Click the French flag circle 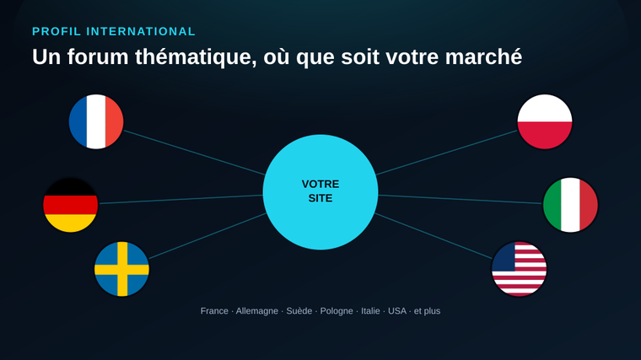click(x=96, y=121)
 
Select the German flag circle click(x=70, y=205)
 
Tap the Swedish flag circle click(x=121, y=269)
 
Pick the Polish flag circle click(x=545, y=121)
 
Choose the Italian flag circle click(x=570, y=205)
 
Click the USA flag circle click(x=520, y=269)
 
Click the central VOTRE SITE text click(x=320, y=191)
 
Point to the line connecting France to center click(x=195, y=153)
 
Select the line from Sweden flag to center click(x=208, y=236)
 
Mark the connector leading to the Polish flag click(x=446, y=153)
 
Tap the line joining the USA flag click(x=433, y=236)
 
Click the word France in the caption click(x=214, y=311)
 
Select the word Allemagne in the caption click(x=256, y=311)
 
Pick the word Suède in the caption click(x=299, y=311)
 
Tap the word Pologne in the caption click(x=337, y=311)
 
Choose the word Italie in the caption click(x=370, y=311)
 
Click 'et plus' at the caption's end click(x=428, y=311)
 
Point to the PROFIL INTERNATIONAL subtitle click(x=114, y=31)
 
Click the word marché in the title click(x=483, y=56)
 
